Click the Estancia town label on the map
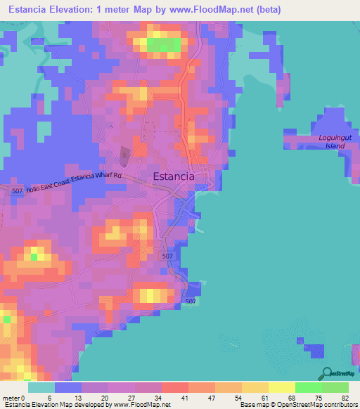pos(174,176)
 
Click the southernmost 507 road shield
pos(190,301)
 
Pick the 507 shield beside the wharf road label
pos(18,191)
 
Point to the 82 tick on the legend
pos(346,398)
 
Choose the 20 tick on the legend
pos(106,398)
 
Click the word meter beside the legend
pos(12,398)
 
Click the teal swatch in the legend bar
pos(41,387)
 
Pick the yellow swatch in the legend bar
pos(281,387)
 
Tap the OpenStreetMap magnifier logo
pos(327,373)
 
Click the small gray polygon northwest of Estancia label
pos(124,156)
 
